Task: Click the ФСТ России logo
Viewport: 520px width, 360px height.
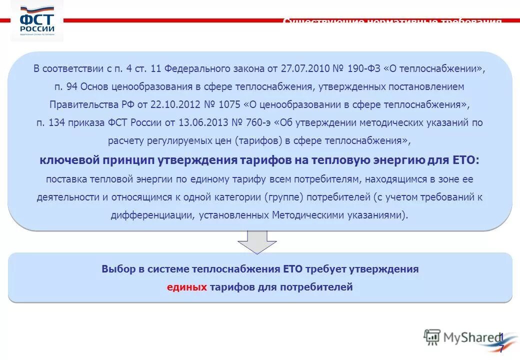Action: point(37,21)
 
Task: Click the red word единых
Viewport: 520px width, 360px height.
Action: point(187,287)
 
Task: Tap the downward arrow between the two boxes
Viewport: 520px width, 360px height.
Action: point(257,242)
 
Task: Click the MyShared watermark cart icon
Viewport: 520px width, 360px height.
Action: point(431,337)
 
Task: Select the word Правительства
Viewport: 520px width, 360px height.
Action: point(78,104)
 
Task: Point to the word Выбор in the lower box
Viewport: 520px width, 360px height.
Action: point(118,269)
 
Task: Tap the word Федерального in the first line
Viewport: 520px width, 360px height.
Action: point(191,68)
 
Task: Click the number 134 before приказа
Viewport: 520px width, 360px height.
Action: point(55,122)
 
